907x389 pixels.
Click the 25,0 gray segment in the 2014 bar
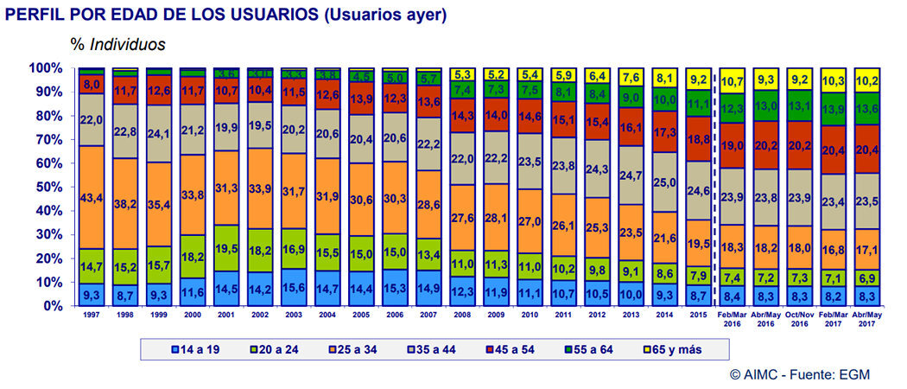point(663,182)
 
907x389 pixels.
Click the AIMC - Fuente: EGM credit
point(799,374)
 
